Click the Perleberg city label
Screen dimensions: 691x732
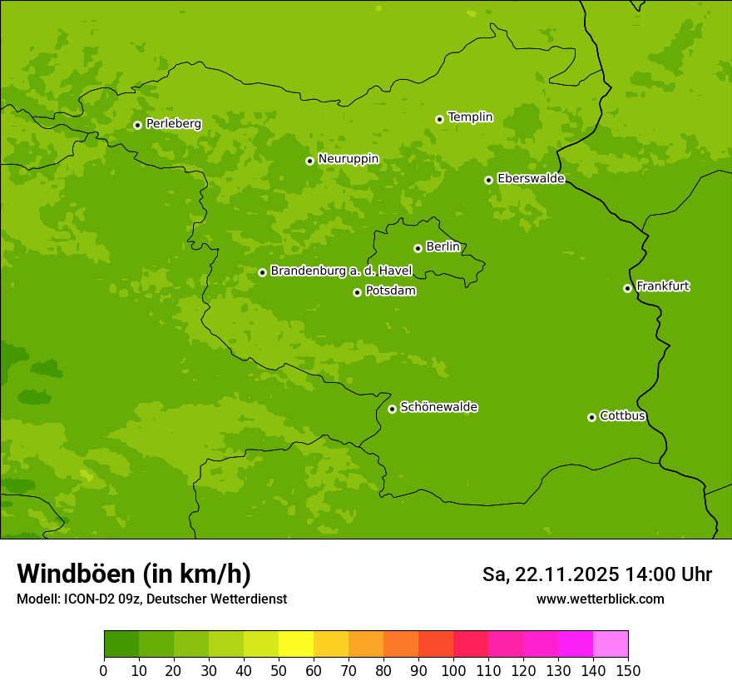(x=173, y=124)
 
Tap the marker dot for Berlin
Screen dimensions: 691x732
(x=418, y=248)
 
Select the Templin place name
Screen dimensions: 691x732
(x=470, y=117)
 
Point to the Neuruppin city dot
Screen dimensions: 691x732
(x=309, y=161)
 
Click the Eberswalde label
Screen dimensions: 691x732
(x=531, y=179)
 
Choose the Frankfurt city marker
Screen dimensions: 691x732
(x=627, y=288)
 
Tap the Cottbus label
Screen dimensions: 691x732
(x=622, y=415)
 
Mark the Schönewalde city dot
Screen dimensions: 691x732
(x=392, y=409)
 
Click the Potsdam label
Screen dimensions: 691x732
(x=390, y=291)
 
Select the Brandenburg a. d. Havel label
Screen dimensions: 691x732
(x=341, y=271)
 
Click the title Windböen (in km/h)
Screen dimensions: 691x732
(x=134, y=574)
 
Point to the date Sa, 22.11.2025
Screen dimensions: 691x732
(x=550, y=574)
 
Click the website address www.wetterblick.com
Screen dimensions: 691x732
(x=600, y=599)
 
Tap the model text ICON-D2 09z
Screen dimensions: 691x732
(x=97, y=599)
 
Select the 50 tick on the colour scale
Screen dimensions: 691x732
(x=279, y=670)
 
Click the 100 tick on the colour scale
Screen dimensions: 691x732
(x=453, y=670)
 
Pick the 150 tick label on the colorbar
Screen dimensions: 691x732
(x=628, y=670)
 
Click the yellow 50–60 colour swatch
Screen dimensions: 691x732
(x=296, y=644)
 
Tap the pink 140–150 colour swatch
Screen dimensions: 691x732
(x=611, y=644)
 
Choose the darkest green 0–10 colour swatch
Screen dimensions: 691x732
(x=121, y=644)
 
